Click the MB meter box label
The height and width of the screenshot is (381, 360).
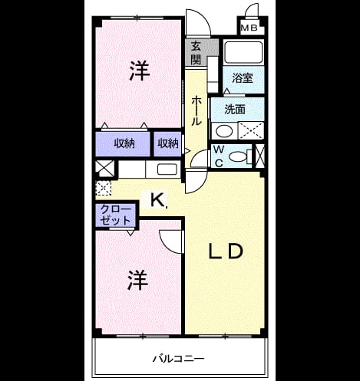coord(249,28)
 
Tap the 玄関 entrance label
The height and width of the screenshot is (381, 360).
coord(197,53)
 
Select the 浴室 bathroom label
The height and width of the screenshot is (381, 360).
coord(243,78)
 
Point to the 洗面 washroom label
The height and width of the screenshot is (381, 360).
coord(235,109)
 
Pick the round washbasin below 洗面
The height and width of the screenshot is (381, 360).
coord(224,131)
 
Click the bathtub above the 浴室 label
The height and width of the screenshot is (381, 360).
coord(243,52)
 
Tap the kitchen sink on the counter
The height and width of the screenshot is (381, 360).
coord(167,169)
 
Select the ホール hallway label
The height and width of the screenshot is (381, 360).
coord(197,110)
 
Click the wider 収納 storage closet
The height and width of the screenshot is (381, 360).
coord(123,144)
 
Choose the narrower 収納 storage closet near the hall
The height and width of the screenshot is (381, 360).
coord(167,144)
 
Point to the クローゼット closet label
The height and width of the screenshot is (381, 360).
coord(116,215)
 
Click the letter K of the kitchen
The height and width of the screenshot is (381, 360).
coord(157,200)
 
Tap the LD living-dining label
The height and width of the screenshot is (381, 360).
coord(226,251)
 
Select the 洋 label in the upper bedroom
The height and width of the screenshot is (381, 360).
coord(140,71)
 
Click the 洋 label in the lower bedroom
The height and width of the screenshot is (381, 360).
coord(138,280)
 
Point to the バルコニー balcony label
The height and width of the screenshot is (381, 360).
coord(178,359)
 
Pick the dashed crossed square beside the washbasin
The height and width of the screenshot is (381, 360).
coord(251,130)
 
